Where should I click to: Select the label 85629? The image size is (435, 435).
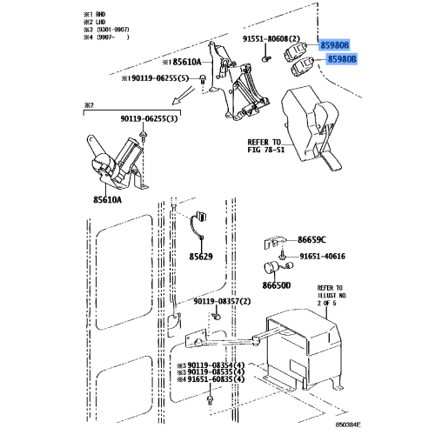[x=202, y=258]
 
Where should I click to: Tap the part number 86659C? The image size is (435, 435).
[x=311, y=239]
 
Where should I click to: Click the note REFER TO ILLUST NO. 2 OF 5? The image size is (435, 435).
[x=330, y=294]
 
